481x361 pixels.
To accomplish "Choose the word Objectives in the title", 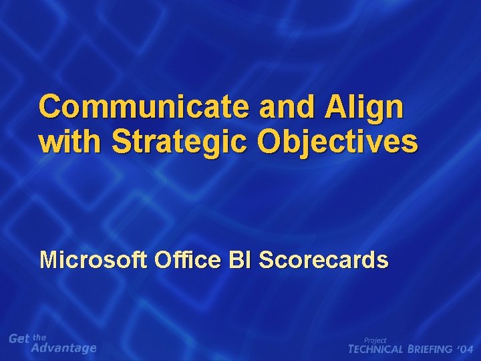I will coord(339,142).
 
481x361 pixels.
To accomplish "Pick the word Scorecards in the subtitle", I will coord(323,259).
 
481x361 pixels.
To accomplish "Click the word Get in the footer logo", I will coord(19,339).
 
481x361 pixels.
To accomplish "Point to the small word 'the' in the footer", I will coord(39,337).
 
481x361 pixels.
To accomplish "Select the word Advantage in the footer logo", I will coord(64,348).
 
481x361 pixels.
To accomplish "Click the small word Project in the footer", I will coord(375,340).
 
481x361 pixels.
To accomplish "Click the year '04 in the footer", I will coord(466,349).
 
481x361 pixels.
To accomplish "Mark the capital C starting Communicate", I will coord(50,107).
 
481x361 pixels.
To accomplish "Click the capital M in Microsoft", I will coord(49,259).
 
